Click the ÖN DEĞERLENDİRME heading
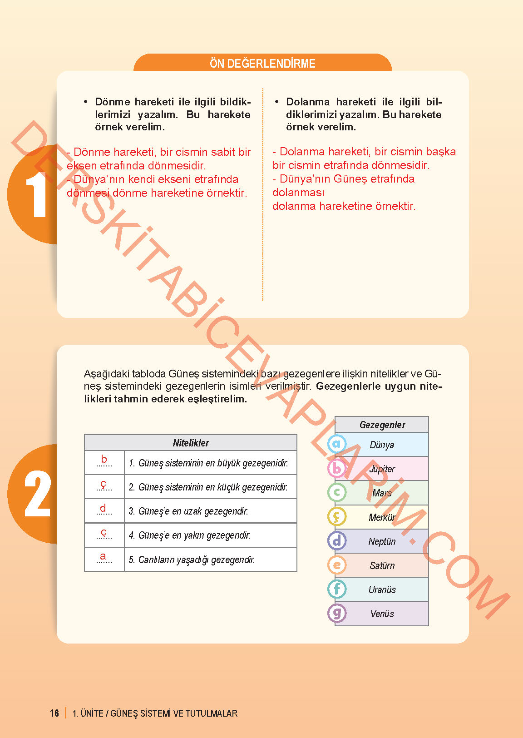pos(262,64)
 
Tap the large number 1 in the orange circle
pos(36,196)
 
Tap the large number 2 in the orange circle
pos(37,494)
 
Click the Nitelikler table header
pos(191,443)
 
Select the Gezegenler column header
pos(382,425)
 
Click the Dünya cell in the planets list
pos(382,445)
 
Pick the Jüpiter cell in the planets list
pos(382,469)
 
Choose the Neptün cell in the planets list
pos(382,541)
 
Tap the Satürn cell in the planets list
pos(382,565)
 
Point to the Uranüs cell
pos(382,589)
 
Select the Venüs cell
pos(382,614)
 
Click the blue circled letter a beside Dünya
pos(337,444)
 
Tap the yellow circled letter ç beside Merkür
pos(337,516)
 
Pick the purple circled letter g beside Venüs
pos(337,613)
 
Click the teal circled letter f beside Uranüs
pos(337,589)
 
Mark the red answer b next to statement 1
pos(104,459)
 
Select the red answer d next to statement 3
pos(103,508)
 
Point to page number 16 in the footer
pos(54,713)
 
